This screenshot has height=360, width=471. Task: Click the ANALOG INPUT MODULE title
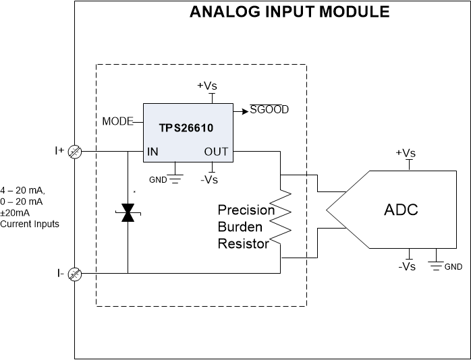pyautogui.click(x=289, y=11)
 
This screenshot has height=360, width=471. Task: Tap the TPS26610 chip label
pyautogui.click(x=188, y=128)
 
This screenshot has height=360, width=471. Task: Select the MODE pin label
pyautogui.click(x=117, y=122)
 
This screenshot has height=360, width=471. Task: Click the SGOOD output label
pyautogui.click(x=269, y=109)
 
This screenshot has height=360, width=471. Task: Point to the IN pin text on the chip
pyautogui.click(x=153, y=152)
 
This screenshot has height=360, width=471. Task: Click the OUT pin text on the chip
pyautogui.click(x=217, y=152)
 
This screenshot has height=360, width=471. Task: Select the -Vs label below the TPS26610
pyautogui.click(x=209, y=179)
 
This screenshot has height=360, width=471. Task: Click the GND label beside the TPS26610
pyautogui.click(x=158, y=181)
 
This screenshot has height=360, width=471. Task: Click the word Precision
pyautogui.click(x=246, y=210)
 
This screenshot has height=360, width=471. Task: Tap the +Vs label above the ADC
pyautogui.click(x=406, y=153)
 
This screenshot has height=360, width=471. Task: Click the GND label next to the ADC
pyautogui.click(x=453, y=267)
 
